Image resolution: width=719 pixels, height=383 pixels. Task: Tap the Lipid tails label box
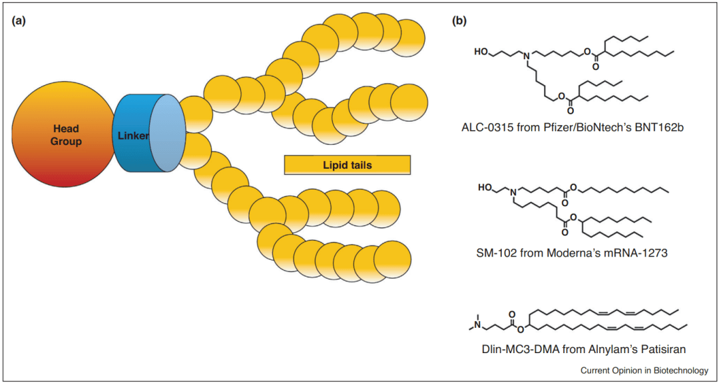coord(346,164)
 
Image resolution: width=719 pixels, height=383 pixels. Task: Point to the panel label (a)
coord(19,21)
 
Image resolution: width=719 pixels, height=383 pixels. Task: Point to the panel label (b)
coord(460,21)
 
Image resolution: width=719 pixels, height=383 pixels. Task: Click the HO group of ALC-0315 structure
coord(480,51)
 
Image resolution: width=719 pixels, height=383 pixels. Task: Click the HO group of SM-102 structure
coord(486,188)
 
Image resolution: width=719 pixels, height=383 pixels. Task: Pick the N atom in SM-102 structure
coord(513,194)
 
